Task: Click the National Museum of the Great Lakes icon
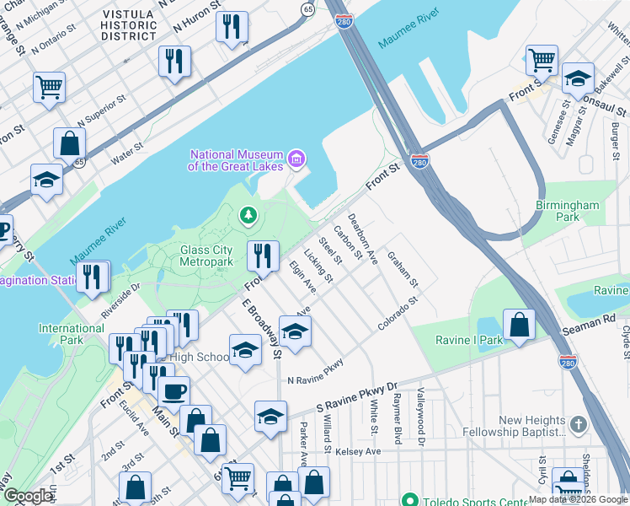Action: pyautogui.click(x=296, y=159)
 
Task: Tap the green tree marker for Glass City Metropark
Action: pyautogui.click(x=248, y=217)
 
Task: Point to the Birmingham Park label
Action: pyautogui.click(x=568, y=211)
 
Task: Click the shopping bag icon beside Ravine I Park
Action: pyautogui.click(x=520, y=325)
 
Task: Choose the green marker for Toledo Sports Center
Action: pyautogui.click(x=409, y=499)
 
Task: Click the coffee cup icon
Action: pyautogui.click(x=174, y=391)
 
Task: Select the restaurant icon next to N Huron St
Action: pyautogui.click(x=231, y=26)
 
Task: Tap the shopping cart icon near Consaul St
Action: pyautogui.click(x=542, y=60)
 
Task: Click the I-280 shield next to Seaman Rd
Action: pyautogui.click(x=567, y=361)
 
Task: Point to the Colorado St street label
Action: pyautogui.click(x=398, y=313)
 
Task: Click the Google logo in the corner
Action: pyautogui.click(x=28, y=496)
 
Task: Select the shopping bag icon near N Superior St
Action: pyautogui.click(x=69, y=143)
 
